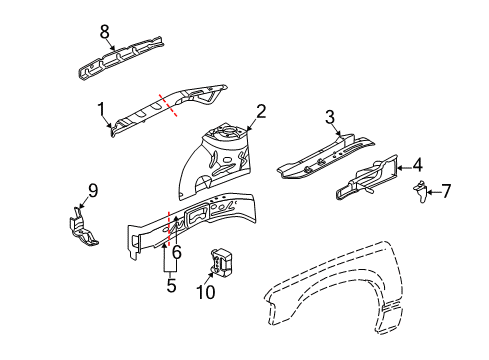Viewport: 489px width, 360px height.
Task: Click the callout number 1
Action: (x=101, y=109)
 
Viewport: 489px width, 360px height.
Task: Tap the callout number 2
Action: (x=260, y=112)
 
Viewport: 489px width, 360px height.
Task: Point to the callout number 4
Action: (x=418, y=165)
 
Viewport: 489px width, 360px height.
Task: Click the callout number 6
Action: (x=176, y=253)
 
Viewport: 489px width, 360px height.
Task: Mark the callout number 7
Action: (x=447, y=190)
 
